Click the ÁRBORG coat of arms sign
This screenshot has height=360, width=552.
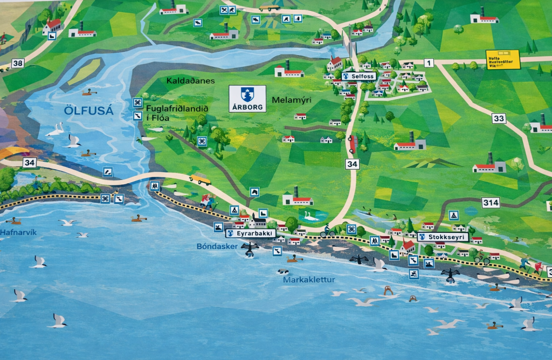(247, 99)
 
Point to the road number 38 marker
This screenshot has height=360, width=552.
(17, 64)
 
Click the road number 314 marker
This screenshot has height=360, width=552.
(491, 203)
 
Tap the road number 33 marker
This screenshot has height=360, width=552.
(499, 119)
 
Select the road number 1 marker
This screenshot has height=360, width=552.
(429, 63)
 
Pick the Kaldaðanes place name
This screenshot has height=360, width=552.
(190, 81)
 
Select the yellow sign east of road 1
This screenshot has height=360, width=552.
(502, 59)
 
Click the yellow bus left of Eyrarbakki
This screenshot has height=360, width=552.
(201, 179)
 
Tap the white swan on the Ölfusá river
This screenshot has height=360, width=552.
(56, 129)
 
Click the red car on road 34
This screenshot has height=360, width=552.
(353, 144)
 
